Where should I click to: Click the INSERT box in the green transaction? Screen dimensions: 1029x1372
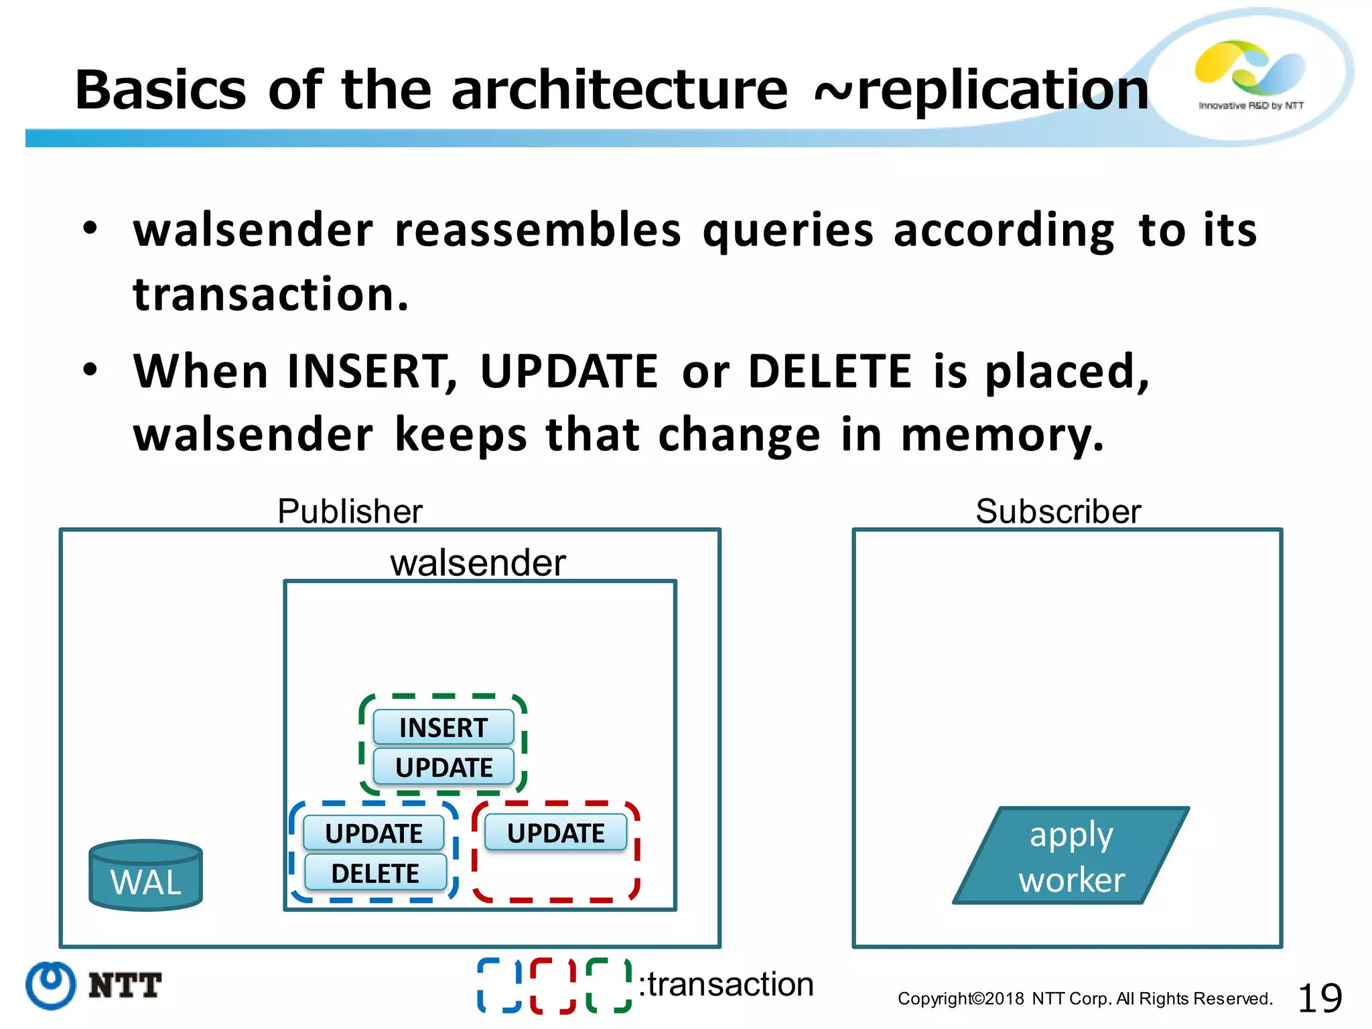(x=443, y=728)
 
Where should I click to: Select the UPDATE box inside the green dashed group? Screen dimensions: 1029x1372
(x=443, y=767)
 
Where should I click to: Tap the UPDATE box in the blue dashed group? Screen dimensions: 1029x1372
(x=374, y=833)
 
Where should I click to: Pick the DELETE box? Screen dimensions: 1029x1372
(x=375, y=873)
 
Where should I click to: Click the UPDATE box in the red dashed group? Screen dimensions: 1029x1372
(x=555, y=833)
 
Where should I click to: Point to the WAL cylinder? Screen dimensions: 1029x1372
(x=145, y=875)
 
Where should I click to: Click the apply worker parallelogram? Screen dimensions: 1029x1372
(x=1071, y=856)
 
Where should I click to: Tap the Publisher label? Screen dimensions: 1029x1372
(x=350, y=511)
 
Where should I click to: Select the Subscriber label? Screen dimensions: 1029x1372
(x=1058, y=511)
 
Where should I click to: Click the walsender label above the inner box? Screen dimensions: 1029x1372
(x=478, y=562)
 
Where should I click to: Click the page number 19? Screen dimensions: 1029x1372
(x=1319, y=998)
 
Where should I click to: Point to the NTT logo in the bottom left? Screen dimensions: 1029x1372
(x=94, y=985)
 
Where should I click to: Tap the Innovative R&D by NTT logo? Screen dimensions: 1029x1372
(x=1250, y=75)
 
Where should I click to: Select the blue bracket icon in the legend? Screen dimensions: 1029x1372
(x=499, y=985)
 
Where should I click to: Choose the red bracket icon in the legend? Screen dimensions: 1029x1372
(x=553, y=985)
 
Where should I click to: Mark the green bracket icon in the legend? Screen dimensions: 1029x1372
(x=608, y=985)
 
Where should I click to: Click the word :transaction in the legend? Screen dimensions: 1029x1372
(x=726, y=984)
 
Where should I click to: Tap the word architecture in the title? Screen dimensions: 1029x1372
(x=620, y=90)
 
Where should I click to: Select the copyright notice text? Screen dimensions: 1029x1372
(x=1085, y=999)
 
